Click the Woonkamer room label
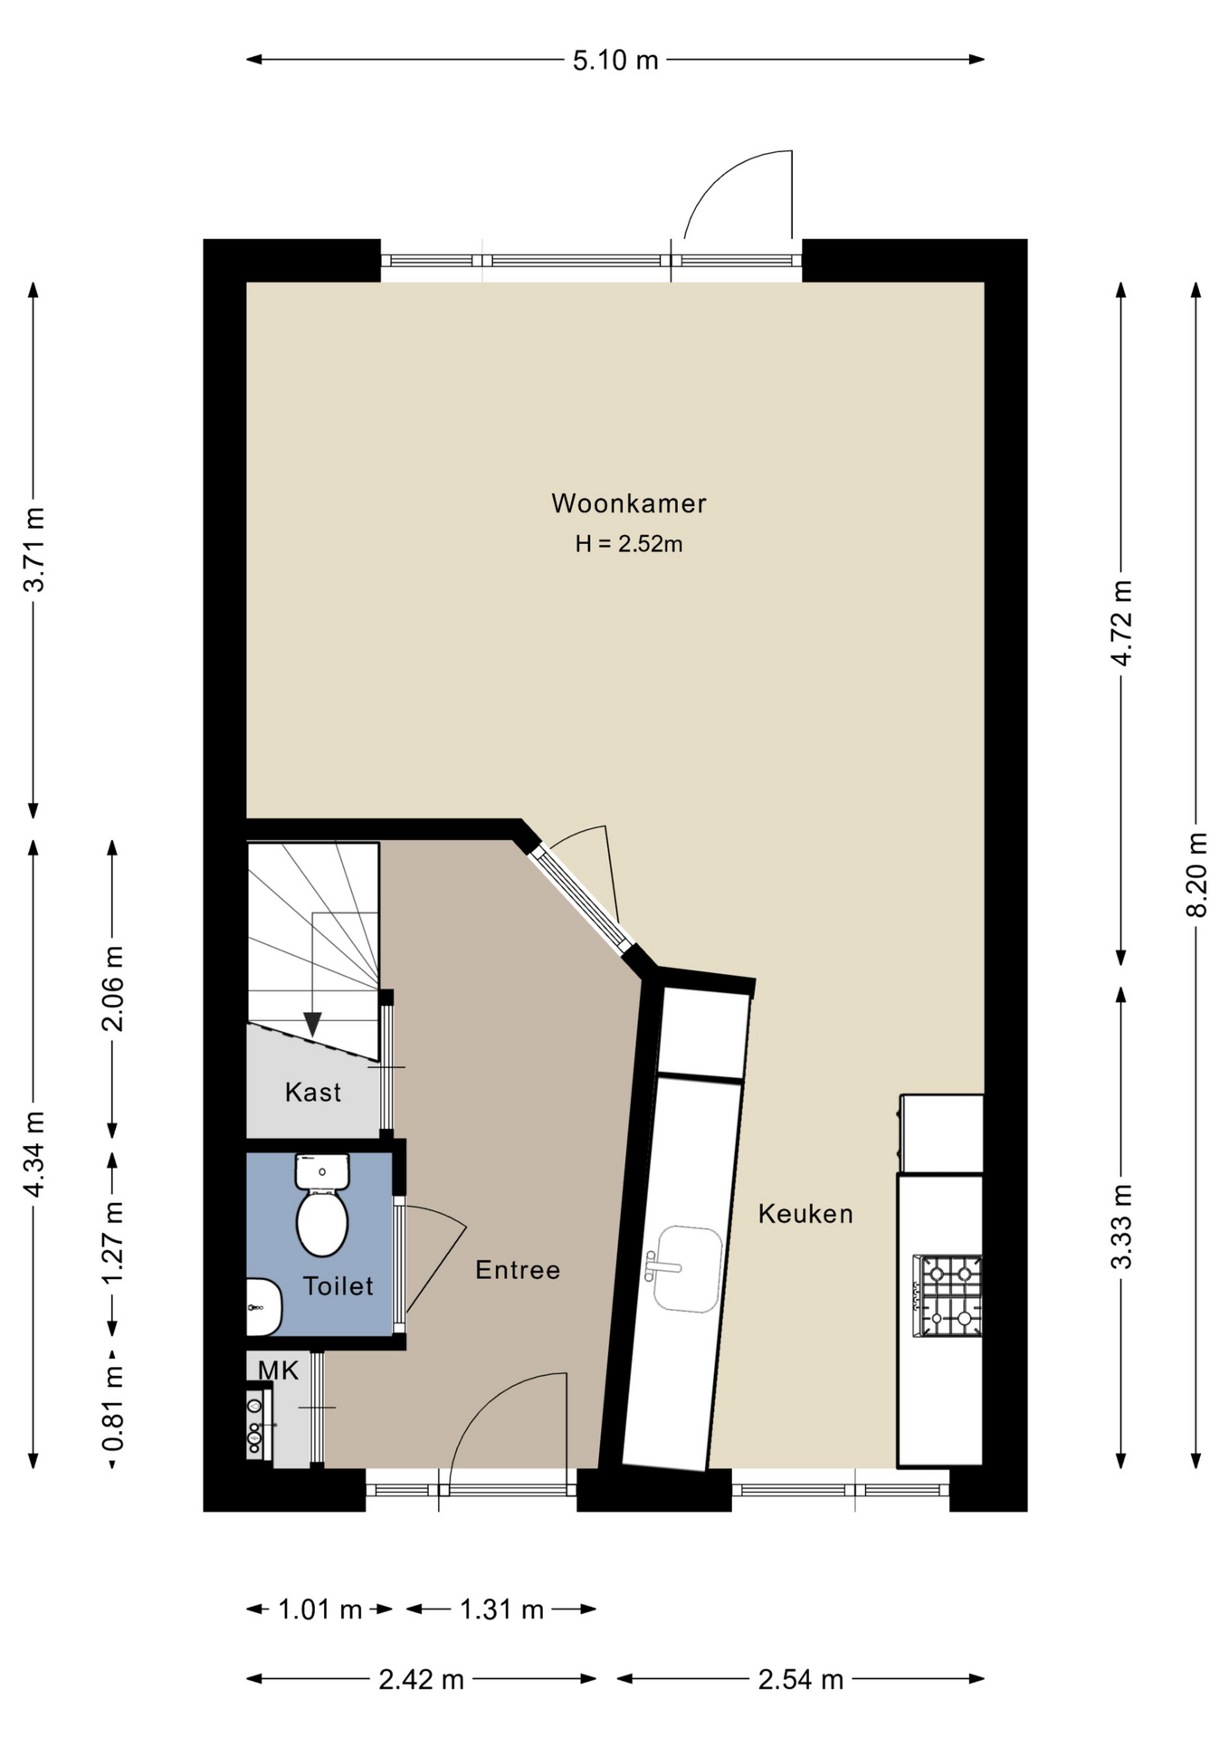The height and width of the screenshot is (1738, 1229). tap(629, 503)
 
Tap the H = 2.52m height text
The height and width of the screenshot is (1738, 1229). tap(629, 544)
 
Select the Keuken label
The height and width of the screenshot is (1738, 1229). tap(805, 1214)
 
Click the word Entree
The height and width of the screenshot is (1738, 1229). tap(518, 1270)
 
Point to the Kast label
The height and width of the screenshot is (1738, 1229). tap(313, 1093)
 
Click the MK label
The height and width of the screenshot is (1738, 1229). tap(278, 1370)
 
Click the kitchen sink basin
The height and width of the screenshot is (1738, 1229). tap(687, 1269)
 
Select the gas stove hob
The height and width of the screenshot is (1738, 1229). tap(948, 1295)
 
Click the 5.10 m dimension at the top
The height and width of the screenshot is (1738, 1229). tap(615, 61)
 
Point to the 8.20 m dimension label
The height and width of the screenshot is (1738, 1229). tap(1196, 874)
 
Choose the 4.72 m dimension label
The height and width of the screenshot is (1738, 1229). tap(1121, 624)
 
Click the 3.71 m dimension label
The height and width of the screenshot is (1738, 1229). tap(33, 549)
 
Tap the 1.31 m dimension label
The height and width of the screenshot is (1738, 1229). tap(501, 1609)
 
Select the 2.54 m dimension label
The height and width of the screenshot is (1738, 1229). tap(801, 1680)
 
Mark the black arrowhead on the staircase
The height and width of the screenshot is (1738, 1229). tap(312, 1024)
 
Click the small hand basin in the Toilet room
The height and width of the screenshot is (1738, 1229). tap(263, 1307)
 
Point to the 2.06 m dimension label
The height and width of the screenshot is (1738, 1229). tap(112, 988)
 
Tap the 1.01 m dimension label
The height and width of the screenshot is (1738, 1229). tap(319, 1609)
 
